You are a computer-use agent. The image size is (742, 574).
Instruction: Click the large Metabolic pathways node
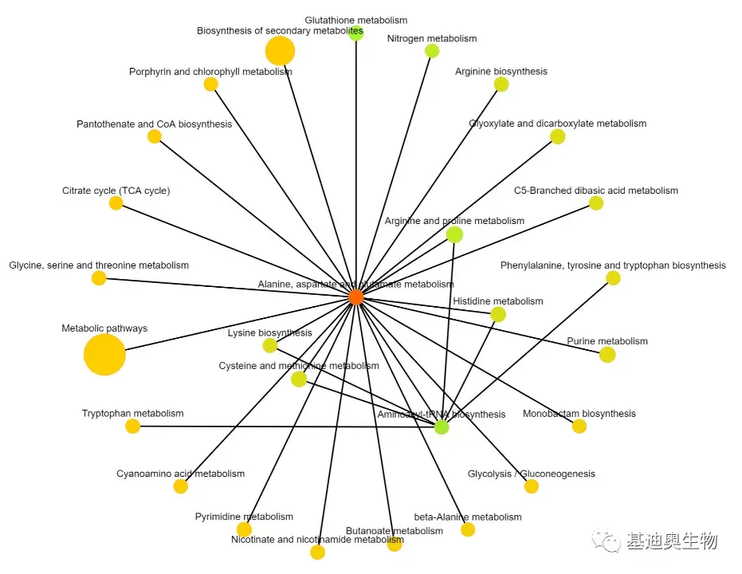point(104,355)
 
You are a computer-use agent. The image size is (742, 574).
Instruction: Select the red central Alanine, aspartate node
point(356,297)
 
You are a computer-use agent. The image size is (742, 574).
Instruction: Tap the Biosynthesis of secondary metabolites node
point(280,51)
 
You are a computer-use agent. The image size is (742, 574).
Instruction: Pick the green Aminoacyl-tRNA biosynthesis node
point(442,427)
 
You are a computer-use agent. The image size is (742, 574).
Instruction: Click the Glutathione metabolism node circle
point(356,33)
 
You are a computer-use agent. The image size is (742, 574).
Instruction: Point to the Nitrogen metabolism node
point(432,51)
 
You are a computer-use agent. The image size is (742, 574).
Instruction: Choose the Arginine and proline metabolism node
point(454,234)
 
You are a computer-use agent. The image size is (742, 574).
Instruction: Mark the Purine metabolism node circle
point(607,355)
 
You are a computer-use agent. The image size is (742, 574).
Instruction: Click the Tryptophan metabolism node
point(133,427)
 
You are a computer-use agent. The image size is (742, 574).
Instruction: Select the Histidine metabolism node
point(498,314)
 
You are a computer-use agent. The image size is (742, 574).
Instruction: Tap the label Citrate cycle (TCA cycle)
point(116,191)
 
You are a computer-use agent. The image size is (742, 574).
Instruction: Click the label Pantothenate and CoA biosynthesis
point(155,124)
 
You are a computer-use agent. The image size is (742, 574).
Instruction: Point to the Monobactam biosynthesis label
point(579,414)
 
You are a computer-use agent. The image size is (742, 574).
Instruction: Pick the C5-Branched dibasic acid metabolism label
point(596,191)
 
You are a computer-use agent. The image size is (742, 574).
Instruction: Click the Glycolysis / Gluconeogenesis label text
point(532,474)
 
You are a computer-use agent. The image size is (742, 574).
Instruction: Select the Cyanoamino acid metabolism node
point(181,486)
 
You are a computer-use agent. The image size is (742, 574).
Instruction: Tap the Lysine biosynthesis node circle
point(270,345)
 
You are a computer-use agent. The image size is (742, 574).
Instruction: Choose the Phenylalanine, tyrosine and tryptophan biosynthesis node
point(613,278)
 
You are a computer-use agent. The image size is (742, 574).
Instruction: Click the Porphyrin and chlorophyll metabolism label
point(210,72)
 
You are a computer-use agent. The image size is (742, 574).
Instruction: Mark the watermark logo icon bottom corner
point(611,542)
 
